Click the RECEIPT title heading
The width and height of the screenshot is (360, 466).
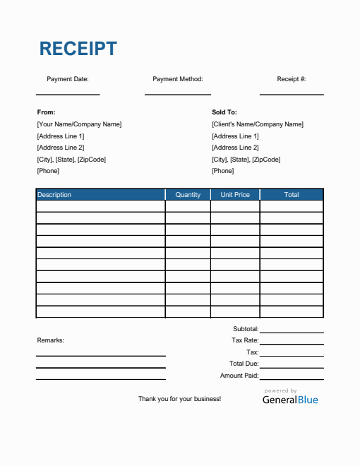pyautogui.click(x=78, y=49)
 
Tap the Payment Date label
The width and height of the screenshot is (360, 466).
pyautogui.click(x=68, y=79)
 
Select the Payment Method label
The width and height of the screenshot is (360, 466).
pyautogui.click(x=178, y=79)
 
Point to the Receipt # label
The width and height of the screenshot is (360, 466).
pyautogui.click(x=292, y=79)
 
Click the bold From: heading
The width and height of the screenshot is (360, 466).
pyautogui.click(x=46, y=112)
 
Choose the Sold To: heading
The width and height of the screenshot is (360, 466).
pyautogui.click(x=224, y=112)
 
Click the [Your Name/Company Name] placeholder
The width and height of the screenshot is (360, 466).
pyautogui.click(x=79, y=124)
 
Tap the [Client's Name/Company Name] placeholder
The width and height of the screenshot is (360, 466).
pyautogui.click(x=258, y=124)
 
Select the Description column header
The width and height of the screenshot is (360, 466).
pyautogui.click(x=54, y=194)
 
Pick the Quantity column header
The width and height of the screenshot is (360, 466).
pyautogui.click(x=188, y=194)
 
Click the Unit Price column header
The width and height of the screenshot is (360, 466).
pyautogui.click(x=235, y=194)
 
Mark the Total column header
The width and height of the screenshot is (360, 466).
pyautogui.click(x=292, y=194)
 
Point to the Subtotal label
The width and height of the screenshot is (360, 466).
pyautogui.click(x=246, y=329)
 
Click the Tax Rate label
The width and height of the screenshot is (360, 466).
pyautogui.click(x=245, y=340)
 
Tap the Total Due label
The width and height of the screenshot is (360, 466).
pyautogui.click(x=244, y=364)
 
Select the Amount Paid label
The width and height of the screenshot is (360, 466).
pyautogui.click(x=239, y=376)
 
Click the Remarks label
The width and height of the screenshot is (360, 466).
pyautogui.click(x=50, y=340)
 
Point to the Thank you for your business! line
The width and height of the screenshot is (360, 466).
pyautogui.click(x=179, y=399)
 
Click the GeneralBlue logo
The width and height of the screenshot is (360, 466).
pyautogui.click(x=290, y=399)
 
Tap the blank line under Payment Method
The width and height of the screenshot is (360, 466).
pyautogui.click(x=178, y=94)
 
